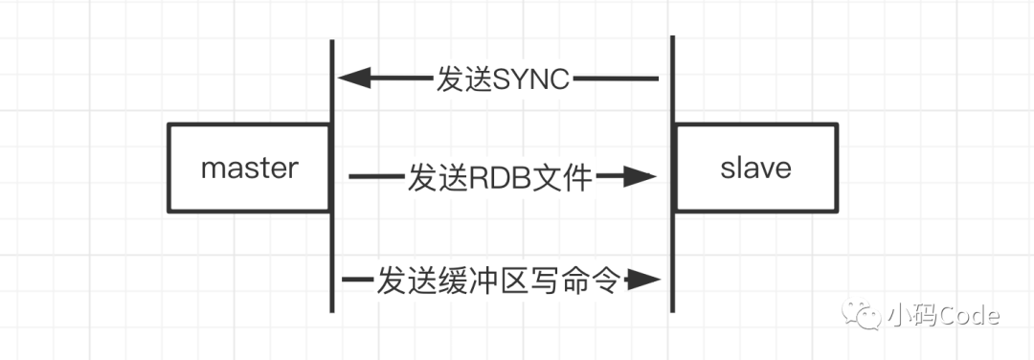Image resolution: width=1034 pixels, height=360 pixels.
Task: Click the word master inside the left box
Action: tap(250, 169)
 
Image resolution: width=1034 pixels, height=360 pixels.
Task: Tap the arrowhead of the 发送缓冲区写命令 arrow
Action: tap(643, 281)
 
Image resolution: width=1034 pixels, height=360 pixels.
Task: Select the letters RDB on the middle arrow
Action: tap(490, 177)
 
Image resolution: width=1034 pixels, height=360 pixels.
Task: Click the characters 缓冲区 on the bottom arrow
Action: tap(483, 281)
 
